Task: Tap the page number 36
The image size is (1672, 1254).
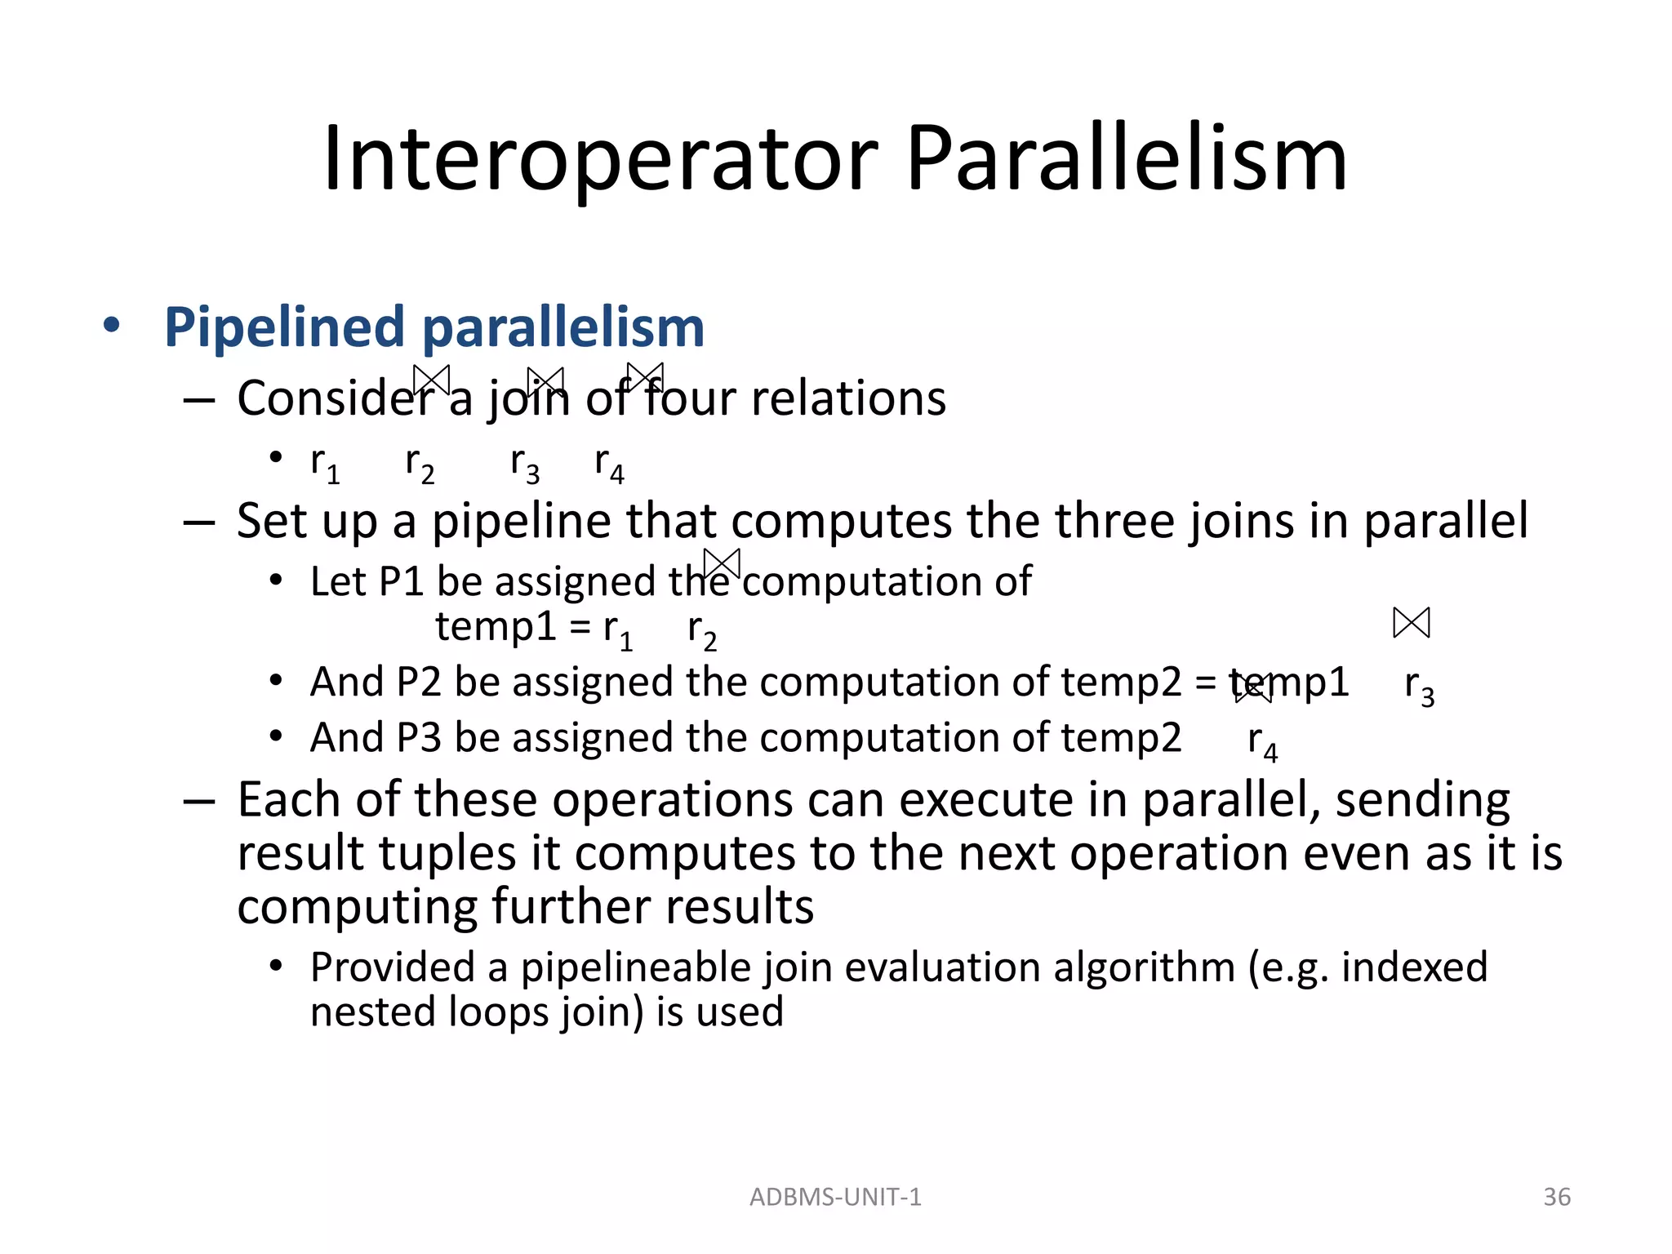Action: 1557,1197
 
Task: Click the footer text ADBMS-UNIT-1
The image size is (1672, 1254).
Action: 835,1197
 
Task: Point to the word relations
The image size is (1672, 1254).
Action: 848,398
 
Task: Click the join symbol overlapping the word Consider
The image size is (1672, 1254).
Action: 431,380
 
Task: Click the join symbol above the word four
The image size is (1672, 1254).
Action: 645,377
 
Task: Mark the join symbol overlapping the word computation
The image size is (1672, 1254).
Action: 722,564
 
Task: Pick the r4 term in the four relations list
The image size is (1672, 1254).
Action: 609,464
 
